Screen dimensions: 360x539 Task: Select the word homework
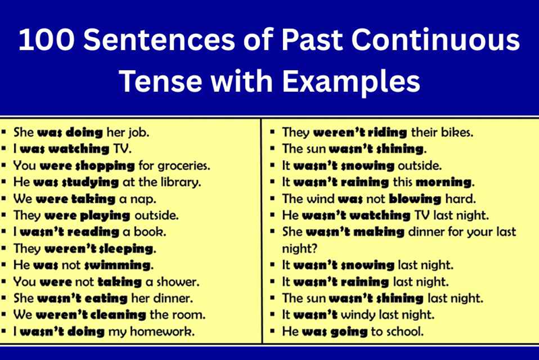point(168,331)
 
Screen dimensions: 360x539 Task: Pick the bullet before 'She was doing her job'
point(5,133)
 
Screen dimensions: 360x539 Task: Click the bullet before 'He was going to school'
point(272,331)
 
